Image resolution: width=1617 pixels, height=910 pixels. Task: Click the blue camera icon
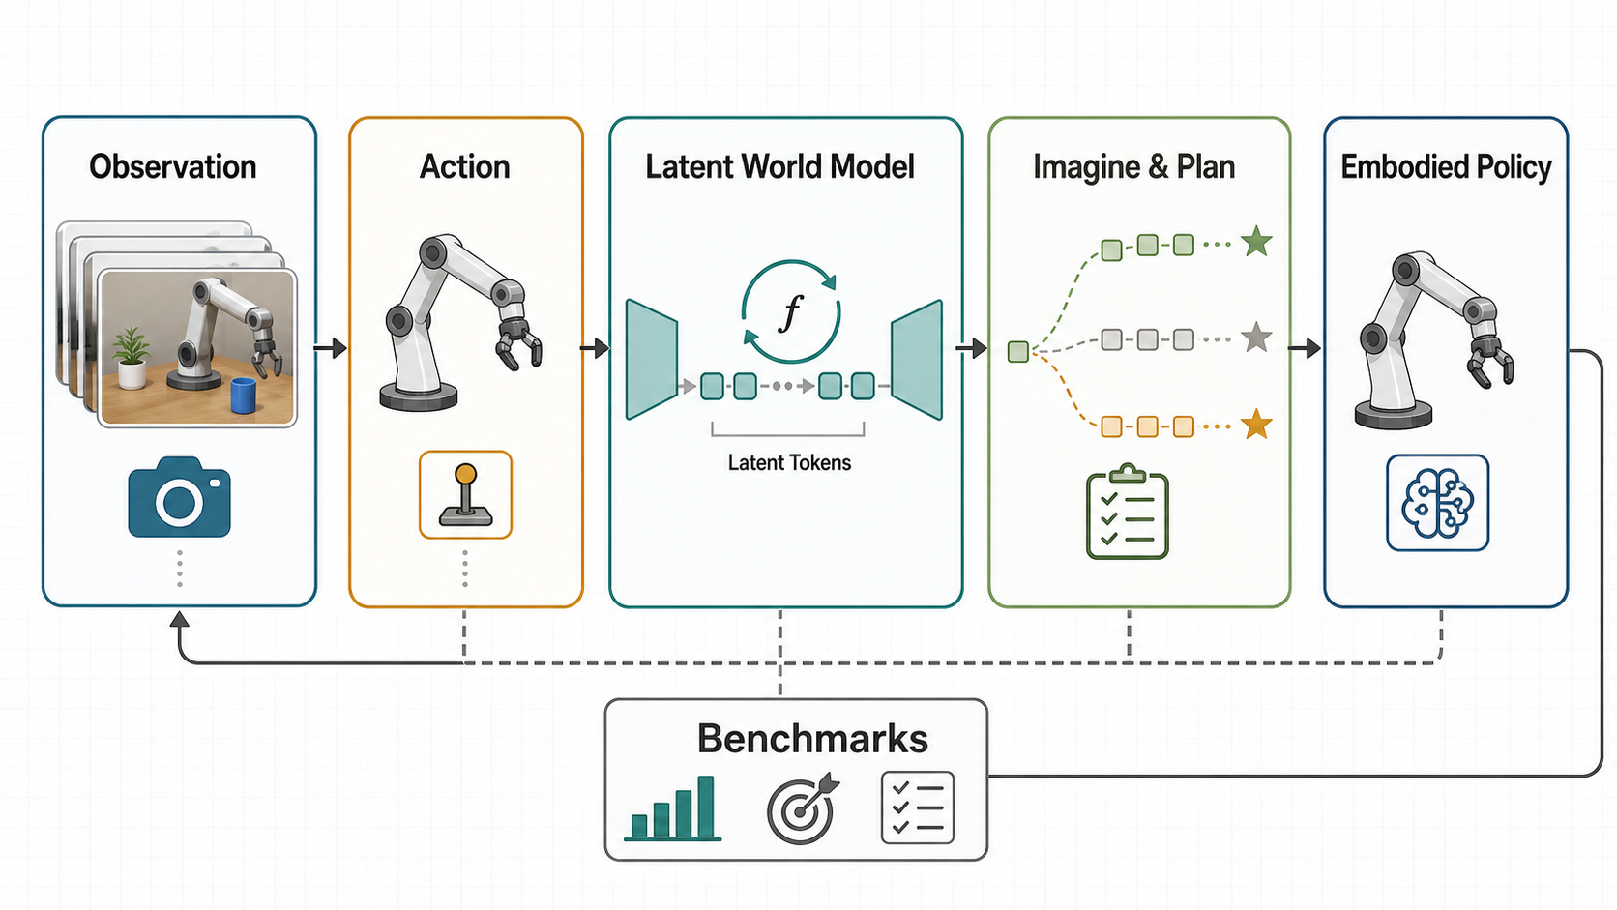click(x=179, y=497)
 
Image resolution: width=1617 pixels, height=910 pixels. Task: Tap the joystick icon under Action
click(x=465, y=495)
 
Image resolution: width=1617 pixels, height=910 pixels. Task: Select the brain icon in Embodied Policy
click(x=1437, y=503)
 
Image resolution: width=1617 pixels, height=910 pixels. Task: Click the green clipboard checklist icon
click(x=1127, y=512)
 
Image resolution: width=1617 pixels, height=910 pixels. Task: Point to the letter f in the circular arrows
click(x=791, y=313)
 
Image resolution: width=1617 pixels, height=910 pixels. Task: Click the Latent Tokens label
click(x=789, y=462)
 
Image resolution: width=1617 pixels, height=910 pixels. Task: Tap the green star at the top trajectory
click(x=1257, y=242)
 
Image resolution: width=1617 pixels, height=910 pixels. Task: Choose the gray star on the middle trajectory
click(x=1257, y=337)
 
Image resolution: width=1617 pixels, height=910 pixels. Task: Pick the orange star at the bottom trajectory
click(x=1257, y=425)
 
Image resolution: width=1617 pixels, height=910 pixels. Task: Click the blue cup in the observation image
click(x=244, y=396)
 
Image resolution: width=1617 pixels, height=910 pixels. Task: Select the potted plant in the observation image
click(x=132, y=358)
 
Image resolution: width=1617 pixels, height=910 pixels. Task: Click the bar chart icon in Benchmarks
click(x=673, y=808)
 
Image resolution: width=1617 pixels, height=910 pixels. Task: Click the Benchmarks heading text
click(x=812, y=738)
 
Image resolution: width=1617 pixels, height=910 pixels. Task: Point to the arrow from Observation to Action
click(x=331, y=348)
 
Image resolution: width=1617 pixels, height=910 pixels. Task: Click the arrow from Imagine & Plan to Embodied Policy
click(x=1306, y=348)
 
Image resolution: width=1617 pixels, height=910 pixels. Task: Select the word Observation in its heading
click(x=172, y=166)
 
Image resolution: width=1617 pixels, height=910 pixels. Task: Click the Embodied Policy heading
click(x=1446, y=167)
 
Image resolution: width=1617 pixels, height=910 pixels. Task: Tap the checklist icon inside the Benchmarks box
click(x=918, y=807)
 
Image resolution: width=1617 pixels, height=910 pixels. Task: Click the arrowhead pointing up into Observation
click(x=180, y=619)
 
